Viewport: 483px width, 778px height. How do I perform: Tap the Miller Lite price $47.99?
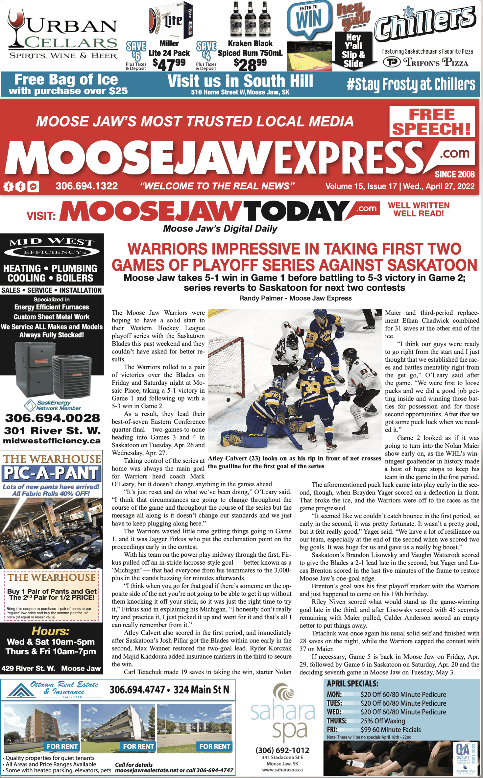point(169,64)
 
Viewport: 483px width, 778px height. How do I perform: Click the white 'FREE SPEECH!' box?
point(432,122)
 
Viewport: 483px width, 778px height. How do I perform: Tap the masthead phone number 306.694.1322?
point(87,186)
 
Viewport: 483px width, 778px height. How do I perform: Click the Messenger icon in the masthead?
point(33,187)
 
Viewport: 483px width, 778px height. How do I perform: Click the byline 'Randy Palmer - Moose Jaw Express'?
point(295,298)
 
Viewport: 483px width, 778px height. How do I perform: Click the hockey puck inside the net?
point(228,400)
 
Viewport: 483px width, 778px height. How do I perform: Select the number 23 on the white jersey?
point(364,372)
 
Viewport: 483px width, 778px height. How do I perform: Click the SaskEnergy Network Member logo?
point(52,405)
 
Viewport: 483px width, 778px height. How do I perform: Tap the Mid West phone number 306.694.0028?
point(52,418)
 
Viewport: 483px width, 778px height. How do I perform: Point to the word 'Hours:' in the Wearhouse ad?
point(50,631)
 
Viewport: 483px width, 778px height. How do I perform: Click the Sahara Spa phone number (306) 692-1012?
point(283,750)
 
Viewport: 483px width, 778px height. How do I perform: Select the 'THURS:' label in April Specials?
point(336,721)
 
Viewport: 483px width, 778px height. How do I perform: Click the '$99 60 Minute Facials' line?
point(390,730)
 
